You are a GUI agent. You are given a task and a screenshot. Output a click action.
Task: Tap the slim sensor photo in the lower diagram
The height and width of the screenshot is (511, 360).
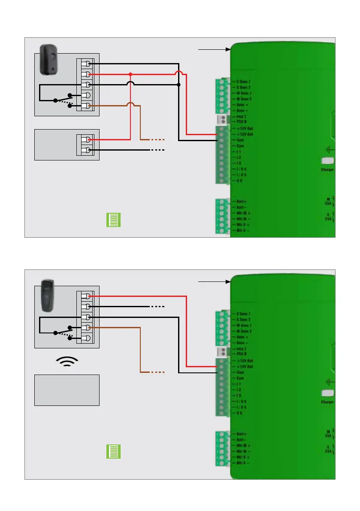[48, 296]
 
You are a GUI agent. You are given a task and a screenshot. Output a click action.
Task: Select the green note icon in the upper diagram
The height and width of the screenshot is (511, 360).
[114, 219]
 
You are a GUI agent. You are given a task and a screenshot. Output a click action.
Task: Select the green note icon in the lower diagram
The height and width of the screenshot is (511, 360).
[114, 452]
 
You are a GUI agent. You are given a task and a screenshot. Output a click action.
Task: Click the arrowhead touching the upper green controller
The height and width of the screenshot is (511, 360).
[228, 49]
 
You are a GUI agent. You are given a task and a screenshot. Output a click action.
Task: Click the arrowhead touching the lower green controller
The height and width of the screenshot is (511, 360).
[228, 281]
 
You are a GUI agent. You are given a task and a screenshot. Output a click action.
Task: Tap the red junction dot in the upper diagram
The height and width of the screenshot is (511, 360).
[130, 74]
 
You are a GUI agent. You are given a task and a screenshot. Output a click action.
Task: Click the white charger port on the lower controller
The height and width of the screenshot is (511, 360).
[327, 393]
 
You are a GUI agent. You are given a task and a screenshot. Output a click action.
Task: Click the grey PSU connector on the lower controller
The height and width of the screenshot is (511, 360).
[221, 352]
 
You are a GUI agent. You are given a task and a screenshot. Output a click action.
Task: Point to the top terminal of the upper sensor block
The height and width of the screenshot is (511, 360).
[88, 64]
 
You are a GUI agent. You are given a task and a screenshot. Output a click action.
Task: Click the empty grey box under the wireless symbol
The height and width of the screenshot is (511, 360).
[67, 390]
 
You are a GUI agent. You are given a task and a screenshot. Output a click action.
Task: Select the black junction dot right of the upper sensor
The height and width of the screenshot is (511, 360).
[178, 85]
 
